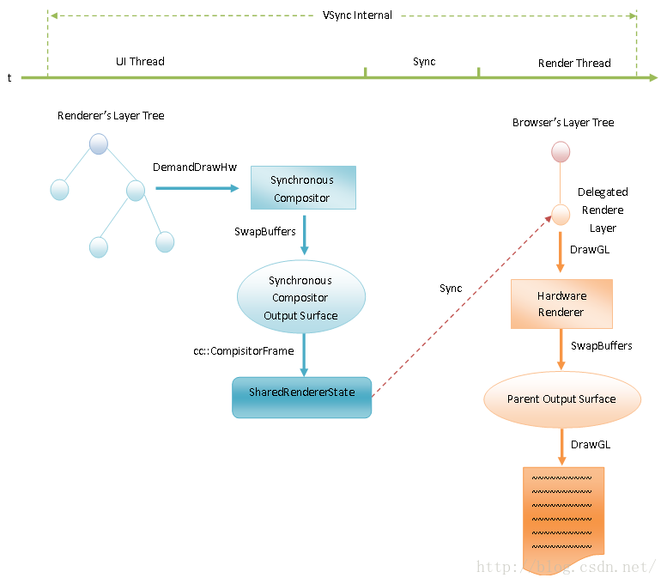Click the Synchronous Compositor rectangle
click(x=302, y=189)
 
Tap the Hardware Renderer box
click(x=561, y=304)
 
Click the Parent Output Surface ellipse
click(x=561, y=399)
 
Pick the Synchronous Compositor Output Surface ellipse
click(x=301, y=298)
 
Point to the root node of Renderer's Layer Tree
click(x=99, y=143)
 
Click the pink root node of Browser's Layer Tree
click(x=561, y=152)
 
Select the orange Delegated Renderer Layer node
click(x=561, y=215)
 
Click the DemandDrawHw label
click(x=195, y=167)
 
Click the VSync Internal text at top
click(x=357, y=15)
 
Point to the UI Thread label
click(x=140, y=62)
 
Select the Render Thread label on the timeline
click(x=574, y=64)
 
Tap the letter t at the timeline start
click(x=9, y=78)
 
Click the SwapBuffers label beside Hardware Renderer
click(x=602, y=346)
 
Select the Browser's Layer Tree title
click(x=563, y=123)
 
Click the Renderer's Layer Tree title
click(x=111, y=116)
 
